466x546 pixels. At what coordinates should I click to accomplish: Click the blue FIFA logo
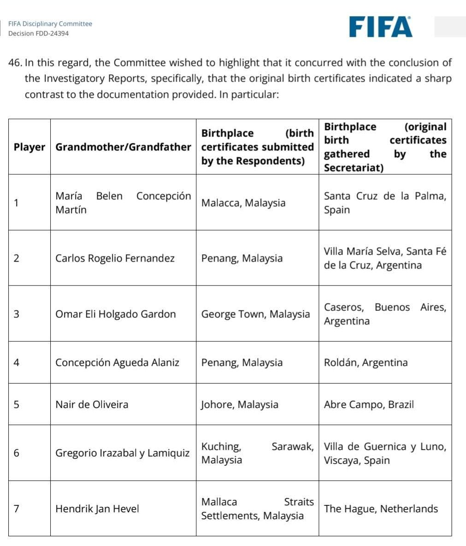click(380, 27)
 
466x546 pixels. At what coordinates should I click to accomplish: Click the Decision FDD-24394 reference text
click(39, 34)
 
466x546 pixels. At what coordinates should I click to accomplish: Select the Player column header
click(29, 147)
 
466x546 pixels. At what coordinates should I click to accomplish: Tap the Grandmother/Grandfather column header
click(123, 147)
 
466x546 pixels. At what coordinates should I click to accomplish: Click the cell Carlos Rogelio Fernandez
click(115, 258)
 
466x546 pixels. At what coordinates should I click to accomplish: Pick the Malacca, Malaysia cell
click(243, 203)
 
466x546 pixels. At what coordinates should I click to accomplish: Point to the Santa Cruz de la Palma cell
click(385, 203)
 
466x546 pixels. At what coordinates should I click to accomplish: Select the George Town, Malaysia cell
click(255, 314)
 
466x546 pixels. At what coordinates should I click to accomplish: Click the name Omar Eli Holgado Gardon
click(116, 314)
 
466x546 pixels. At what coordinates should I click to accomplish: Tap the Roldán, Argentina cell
click(366, 362)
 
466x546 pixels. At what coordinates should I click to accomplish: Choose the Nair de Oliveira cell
click(92, 404)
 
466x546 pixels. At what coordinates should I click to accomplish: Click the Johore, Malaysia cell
click(240, 404)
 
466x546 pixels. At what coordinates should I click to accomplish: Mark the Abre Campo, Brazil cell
click(369, 404)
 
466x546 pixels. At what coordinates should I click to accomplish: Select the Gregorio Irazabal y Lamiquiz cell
click(122, 453)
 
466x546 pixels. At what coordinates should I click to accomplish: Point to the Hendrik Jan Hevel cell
click(97, 509)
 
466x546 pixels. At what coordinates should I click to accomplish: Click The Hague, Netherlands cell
click(381, 509)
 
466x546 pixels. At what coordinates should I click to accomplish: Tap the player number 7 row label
click(17, 509)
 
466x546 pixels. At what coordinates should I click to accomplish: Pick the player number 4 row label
click(17, 362)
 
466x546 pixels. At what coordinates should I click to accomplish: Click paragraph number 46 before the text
click(15, 63)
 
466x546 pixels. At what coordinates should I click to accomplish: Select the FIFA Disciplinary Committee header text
click(50, 24)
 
